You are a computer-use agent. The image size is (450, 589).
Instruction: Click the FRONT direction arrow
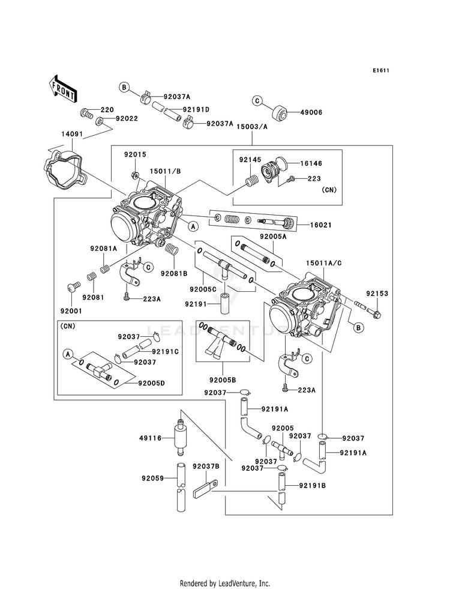tap(62, 89)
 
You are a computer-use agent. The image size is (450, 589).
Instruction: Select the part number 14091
tap(73, 134)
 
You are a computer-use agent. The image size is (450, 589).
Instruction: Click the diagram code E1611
tap(380, 70)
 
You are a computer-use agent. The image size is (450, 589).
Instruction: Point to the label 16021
tap(321, 225)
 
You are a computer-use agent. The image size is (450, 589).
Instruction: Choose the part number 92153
tap(377, 294)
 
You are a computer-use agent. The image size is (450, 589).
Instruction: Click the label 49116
tap(150, 438)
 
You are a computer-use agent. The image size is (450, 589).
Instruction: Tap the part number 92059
tap(153, 479)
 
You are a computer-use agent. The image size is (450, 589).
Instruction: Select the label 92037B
tap(206, 467)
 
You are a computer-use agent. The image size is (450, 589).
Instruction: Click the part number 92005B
tap(223, 381)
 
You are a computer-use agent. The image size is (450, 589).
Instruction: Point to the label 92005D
tap(152, 383)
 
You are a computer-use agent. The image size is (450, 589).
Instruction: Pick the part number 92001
tap(71, 311)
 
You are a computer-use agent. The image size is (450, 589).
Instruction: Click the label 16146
tap(311, 163)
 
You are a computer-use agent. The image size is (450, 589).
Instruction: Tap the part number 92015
tap(136, 154)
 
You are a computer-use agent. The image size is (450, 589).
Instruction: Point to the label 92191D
tap(196, 110)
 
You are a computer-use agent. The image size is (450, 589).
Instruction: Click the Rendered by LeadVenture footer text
tap(225, 584)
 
